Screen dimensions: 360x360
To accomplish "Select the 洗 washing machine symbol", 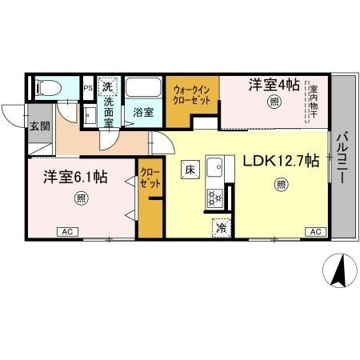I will tap(109, 84).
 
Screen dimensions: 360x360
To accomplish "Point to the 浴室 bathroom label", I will tap(144, 112).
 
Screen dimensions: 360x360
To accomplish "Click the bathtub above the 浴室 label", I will tap(145, 87).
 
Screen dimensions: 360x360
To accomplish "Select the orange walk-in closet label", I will tap(192, 95).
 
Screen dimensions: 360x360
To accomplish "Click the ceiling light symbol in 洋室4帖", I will tap(274, 102).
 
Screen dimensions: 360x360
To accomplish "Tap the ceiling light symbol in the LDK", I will tap(281, 185).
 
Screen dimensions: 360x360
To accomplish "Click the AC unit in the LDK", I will tap(315, 232).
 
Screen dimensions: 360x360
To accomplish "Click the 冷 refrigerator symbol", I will tap(220, 227).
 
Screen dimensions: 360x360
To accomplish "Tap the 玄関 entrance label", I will tap(40, 125).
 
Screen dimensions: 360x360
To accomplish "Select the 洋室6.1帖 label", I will tap(76, 177).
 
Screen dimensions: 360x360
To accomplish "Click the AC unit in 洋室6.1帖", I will tap(68, 232).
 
